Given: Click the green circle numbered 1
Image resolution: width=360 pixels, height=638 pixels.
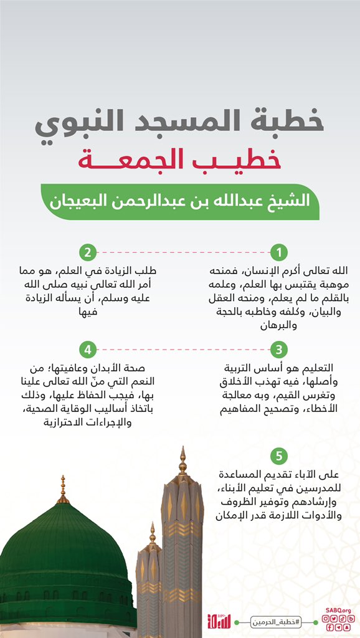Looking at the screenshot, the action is click(x=279, y=253).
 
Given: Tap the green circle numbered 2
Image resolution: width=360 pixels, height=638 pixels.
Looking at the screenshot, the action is click(x=88, y=253).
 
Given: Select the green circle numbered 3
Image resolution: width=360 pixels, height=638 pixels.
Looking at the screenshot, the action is click(x=279, y=349).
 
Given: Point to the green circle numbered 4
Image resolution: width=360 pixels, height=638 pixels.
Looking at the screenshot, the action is click(x=88, y=349).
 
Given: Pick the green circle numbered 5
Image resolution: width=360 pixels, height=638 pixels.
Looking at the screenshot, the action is click(x=279, y=454).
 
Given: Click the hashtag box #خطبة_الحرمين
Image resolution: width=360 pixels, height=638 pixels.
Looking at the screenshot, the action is click(x=273, y=621).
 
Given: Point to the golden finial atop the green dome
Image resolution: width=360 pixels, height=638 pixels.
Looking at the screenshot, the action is click(x=62, y=490).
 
